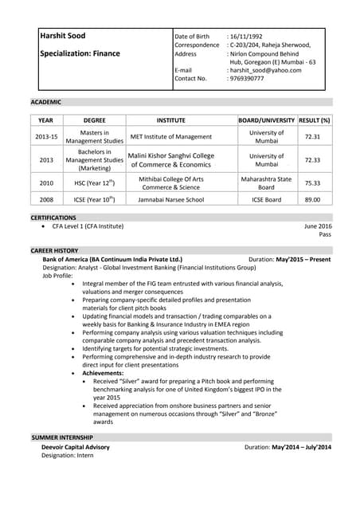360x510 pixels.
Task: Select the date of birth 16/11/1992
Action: pos(246,37)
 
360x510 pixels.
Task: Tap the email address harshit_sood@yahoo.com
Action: pos(266,70)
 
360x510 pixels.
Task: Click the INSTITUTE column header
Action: pos(170,120)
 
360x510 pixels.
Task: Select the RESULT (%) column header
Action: pos(313,120)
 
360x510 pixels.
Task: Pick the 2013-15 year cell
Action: pos(46,137)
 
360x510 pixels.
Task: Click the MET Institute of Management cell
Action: pos(170,137)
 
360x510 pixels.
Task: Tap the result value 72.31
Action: pos(312,137)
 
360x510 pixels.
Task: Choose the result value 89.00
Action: pos(312,199)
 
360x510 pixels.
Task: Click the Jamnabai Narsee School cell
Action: pos(170,199)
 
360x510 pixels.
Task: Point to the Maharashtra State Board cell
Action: pos(266,182)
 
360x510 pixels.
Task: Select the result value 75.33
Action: pos(312,182)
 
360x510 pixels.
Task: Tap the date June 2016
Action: pos(318,226)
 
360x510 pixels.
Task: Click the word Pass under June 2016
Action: pos(325,235)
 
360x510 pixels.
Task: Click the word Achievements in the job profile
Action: pos(103,373)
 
